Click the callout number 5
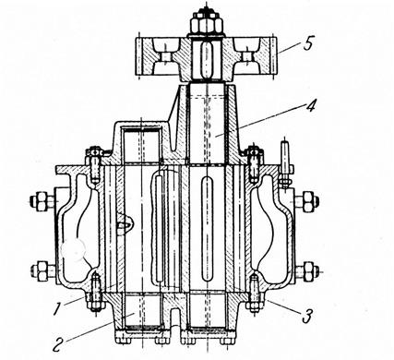pyautogui.click(x=308, y=43)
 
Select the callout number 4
pyautogui.click(x=310, y=106)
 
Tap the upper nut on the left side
pyautogui.click(x=41, y=201)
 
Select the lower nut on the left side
pyautogui.click(x=41, y=270)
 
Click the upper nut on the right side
pyautogui.click(x=308, y=201)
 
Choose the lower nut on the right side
pyautogui.click(x=308, y=271)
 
